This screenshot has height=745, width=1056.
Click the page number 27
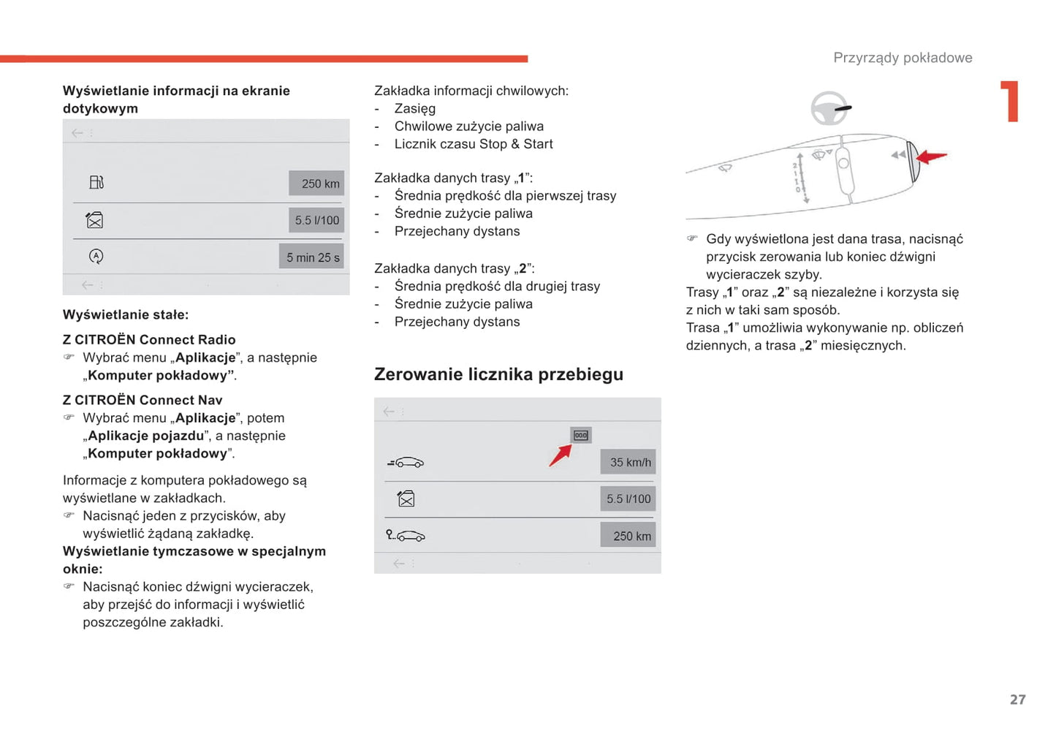tap(1017, 700)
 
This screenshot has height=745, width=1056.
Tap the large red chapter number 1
tap(1011, 101)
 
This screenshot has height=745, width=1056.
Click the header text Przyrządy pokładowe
tap(903, 58)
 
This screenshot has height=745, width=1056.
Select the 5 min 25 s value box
tap(312, 257)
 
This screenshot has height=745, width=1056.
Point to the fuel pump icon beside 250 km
tap(96, 182)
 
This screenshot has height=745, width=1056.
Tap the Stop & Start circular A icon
tap(96, 257)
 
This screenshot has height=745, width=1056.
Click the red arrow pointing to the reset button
tap(560, 455)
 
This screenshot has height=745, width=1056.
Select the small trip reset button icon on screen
tap(581, 436)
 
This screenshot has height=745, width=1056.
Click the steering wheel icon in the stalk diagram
tap(830, 109)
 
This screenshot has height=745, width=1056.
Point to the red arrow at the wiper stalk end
tap(931, 156)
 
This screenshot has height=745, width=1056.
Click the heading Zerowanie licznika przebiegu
tap(498, 374)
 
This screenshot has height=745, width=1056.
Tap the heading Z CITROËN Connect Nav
tap(143, 400)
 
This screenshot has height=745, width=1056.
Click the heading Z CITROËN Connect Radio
tap(149, 339)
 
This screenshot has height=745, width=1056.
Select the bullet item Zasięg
tap(414, 108)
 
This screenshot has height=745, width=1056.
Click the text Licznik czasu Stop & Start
tap(474, 144)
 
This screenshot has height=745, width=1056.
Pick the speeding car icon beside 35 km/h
tap(406, 463)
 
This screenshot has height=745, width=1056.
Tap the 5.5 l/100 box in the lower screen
tap(628, 499)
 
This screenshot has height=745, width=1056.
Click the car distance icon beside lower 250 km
tap(406, 536)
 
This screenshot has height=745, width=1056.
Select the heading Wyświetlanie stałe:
tap(126, 314)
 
